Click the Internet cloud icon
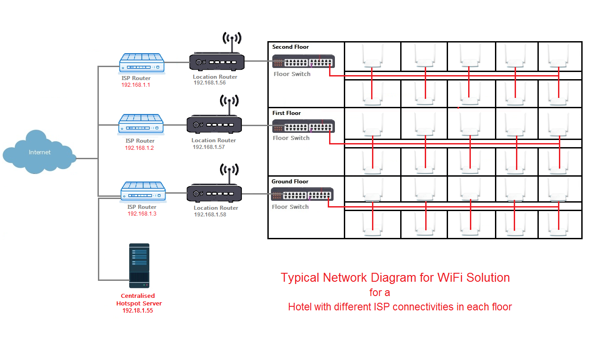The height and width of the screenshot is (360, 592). pos(39,152)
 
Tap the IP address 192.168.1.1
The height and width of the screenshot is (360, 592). pos(135,85)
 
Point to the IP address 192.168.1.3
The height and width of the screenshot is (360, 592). pos(142,214)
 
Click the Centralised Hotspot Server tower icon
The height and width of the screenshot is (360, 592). pos(139,266)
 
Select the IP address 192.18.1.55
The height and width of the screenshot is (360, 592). pos(138,310)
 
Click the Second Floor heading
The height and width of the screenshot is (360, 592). pos(291,47)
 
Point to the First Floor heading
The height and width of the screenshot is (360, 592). pos(287,113)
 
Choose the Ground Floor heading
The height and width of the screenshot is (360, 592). pos(290,182)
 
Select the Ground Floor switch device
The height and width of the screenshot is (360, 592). pos(302,195)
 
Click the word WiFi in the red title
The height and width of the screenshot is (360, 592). pos(448,278)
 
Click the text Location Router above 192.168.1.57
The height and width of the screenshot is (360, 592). pos(214,140)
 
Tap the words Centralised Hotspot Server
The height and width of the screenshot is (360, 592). pos(139,300)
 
